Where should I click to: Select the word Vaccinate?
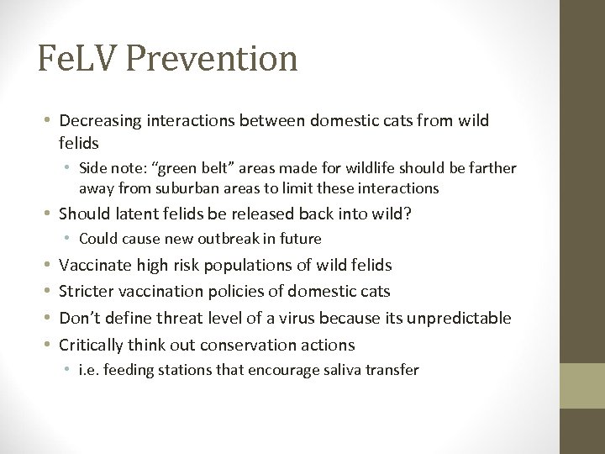point(96,265)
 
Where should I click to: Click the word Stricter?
point(87,292)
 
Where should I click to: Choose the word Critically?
point(92,345)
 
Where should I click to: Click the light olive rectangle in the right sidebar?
point(582,385)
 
